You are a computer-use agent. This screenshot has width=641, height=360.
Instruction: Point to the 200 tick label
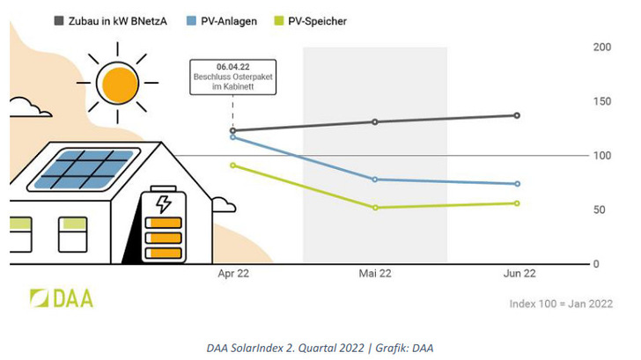click(x=601, y=47)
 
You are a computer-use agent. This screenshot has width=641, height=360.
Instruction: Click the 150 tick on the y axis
click(x=601, y=101)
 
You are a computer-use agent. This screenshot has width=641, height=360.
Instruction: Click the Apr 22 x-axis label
click(x=233, y=275)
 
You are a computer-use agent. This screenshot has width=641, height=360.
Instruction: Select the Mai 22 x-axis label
click(x=375, y=275)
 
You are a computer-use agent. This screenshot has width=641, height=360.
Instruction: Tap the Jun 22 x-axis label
click(x=517, y=275)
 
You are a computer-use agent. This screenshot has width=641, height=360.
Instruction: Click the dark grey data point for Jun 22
click(x=517, y=115)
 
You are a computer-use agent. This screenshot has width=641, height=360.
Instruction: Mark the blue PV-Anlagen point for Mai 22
click(x=375, y=180)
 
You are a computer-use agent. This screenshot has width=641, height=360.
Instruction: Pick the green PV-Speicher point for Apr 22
click(x=232, y=165)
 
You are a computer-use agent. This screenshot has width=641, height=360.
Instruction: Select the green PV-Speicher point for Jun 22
click(x=517, y=203)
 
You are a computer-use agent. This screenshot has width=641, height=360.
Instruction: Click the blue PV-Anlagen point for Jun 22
click(x=517, y=184)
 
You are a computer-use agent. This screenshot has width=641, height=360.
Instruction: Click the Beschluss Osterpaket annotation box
click(x=232, y=77)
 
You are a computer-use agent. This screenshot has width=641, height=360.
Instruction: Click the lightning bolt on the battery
click(x=163, y=204)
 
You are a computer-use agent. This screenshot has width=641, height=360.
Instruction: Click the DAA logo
click(x=62, y=298)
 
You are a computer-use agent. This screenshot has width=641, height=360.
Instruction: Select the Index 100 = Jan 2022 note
click(x=561, y=304)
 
